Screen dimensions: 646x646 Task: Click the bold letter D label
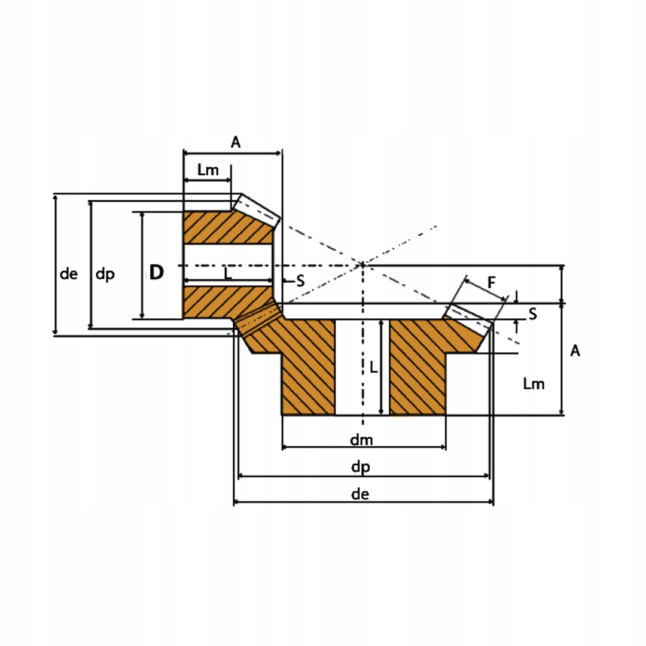pyautogui.click(x=157, y=272)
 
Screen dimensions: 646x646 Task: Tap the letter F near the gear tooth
pyautogui.click(x=491, y=282)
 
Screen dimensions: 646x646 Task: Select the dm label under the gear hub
pyautogui.click(x=361, y=440)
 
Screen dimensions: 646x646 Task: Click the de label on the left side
pyautogui.click(x=68, y=274)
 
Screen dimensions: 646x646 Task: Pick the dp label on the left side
pyautogui.click(x=105, y=275)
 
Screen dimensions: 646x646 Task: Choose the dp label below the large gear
pyautogui.click(x=361, y=468)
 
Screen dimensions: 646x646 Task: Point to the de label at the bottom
pyautogui.click(x=360, y=494)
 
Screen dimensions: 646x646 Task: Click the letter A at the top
pyautogui.click(x=235, y=142)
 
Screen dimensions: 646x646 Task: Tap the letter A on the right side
pyautogui.click(x=575, y=351)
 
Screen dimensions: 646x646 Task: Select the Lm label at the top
pyautogui.click(x=208, y=170)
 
